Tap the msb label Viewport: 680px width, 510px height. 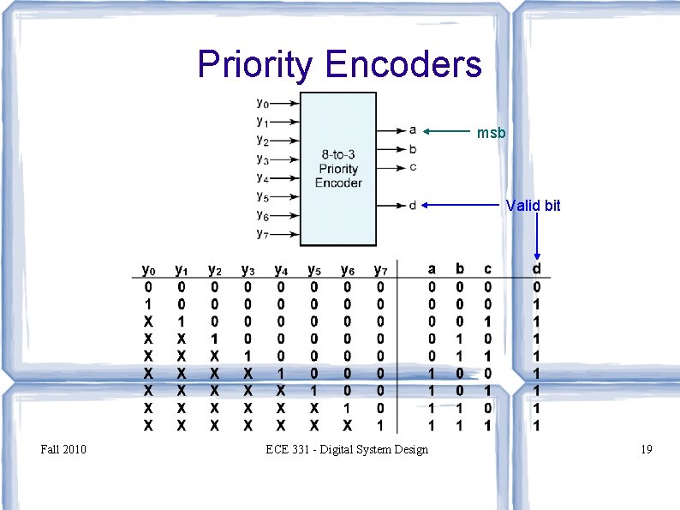coord(492,133)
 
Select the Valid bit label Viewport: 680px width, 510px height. coord(533,206)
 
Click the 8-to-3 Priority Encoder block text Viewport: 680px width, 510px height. coord(338,169)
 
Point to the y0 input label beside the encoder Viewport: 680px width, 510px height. coord(263,104)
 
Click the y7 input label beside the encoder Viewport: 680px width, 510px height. coord(263,233)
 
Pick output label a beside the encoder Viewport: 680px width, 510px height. coord(413,130)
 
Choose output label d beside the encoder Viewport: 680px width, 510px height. coord(413,204)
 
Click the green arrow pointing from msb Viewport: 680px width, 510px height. coord(448,132)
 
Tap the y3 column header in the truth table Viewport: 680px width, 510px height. coord(248,271)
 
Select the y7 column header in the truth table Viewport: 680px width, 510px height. coord(380,271)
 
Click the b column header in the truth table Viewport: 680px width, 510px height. coord(460,270)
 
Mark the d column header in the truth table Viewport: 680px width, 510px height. coord(537,270)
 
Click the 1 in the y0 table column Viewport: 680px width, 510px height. coord(148,304)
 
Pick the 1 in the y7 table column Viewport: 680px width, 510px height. coord(380,424)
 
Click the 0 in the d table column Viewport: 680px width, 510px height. coord(537,287)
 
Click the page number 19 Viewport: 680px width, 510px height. coord(646,449)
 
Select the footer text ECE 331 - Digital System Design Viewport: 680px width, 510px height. coord(347,449)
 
